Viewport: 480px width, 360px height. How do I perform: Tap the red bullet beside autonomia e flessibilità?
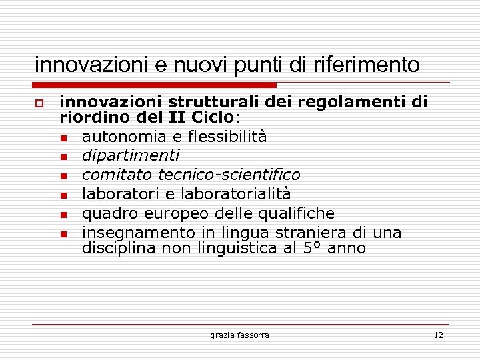tap(62, 138)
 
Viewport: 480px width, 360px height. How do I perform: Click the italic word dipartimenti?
tap(130, 156)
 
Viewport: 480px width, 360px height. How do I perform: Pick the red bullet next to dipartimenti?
tap(62, 157)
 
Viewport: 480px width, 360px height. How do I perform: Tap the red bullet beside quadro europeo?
tap(62, 214)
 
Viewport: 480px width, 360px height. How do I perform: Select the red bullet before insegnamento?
tap(62, 233)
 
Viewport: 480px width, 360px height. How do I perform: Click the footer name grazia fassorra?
tap(239, 335)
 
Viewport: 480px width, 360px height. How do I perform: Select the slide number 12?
tap(438, 335)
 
